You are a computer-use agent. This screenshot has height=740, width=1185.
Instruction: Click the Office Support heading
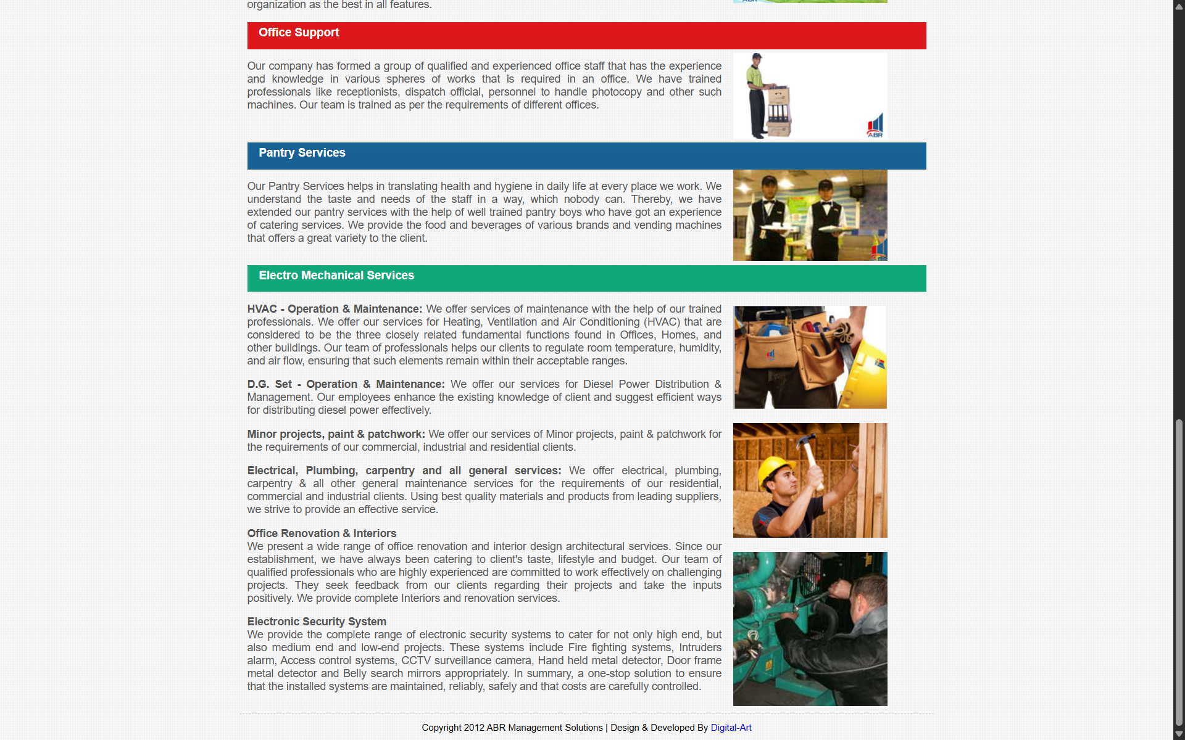click(299, 33)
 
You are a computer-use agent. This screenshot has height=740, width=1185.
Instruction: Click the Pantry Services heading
click(302, 153)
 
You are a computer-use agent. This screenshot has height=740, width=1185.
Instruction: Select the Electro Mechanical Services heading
click(336, 276)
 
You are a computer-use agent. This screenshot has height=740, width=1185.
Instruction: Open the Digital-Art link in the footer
click(731, 728)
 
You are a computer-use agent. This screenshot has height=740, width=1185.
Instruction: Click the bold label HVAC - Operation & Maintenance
click(335, 309)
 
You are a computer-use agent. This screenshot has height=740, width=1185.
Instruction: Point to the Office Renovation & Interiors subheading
click(322, 533)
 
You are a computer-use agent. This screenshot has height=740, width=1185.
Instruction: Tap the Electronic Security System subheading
click(317, 622)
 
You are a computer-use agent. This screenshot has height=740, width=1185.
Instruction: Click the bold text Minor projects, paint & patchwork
click(336, 434)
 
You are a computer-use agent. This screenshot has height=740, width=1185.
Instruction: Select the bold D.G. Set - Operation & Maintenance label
click(346, 384)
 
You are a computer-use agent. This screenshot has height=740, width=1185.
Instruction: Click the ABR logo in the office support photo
click(875, 125)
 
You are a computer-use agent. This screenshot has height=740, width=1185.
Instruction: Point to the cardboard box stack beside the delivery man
click(779, 111)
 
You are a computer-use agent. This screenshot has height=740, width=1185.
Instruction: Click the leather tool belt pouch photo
click(810, 357)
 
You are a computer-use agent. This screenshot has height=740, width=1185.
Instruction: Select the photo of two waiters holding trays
click(810, 215)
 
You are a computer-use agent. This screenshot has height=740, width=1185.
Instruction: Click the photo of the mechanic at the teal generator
click(810, 628)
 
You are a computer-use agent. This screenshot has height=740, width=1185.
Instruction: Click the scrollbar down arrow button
click(1179, 734)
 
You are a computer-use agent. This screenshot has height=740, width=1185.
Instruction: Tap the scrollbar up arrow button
click(1179, 6)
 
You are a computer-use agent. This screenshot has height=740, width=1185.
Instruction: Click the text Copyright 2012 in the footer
click(453, 728)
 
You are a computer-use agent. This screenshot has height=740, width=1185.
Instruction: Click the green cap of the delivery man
click(757, 56)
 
